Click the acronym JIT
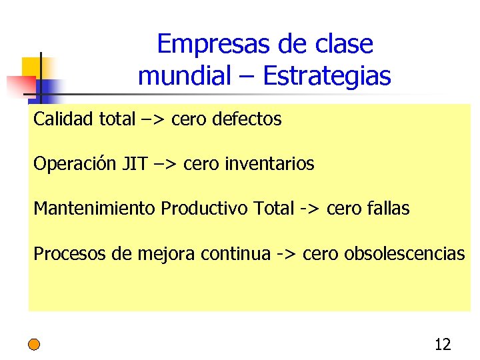135,163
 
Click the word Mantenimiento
95,209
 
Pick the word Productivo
205,209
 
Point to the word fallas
388,209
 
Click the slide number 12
443,345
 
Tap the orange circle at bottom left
34,345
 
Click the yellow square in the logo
32,67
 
